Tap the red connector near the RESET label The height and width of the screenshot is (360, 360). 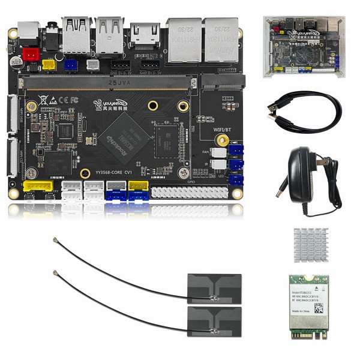pos(31,55)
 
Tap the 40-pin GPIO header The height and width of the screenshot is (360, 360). pos(189,192)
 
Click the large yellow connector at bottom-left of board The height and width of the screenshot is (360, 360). pos(38,190)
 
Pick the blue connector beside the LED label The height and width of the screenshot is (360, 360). pos(236,179)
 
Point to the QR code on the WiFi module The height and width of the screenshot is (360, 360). pos(319,308)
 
